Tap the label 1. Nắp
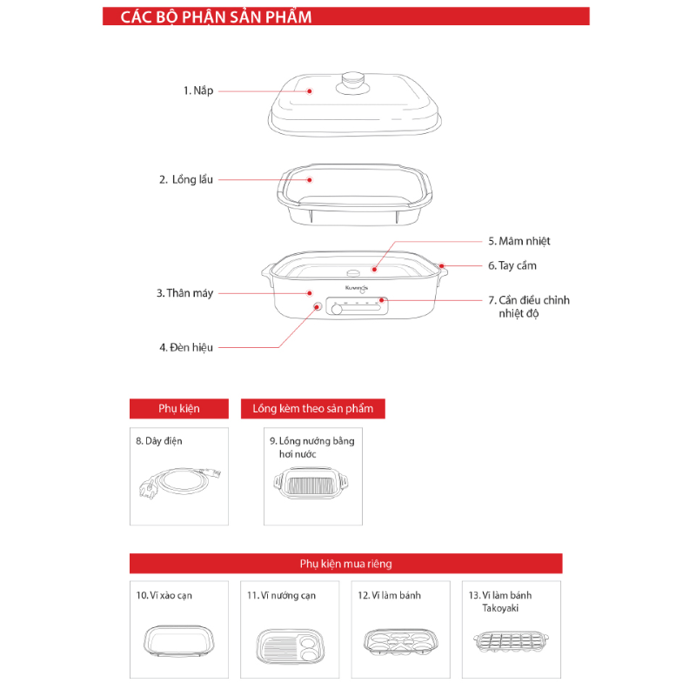(x=197, y=90)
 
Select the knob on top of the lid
(x=352, y=79)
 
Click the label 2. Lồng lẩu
(x=185, y=179)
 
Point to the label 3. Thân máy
(x=184, y=293)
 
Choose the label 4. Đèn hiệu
(x=185, y=347)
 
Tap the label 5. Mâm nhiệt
(x=519, y=241)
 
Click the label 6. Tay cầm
(x=518, y=265)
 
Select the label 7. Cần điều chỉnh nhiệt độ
(x=528, y=306)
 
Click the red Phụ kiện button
(x=179, y=408)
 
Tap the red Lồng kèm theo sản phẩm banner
(x=312, y=408)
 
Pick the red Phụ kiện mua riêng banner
(x=345, y=564)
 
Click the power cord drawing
(x=178, y=483)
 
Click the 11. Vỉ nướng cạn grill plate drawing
(x=290, y=644)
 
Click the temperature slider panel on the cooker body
(x=357, y=307)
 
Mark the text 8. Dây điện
(x=158, y=441)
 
